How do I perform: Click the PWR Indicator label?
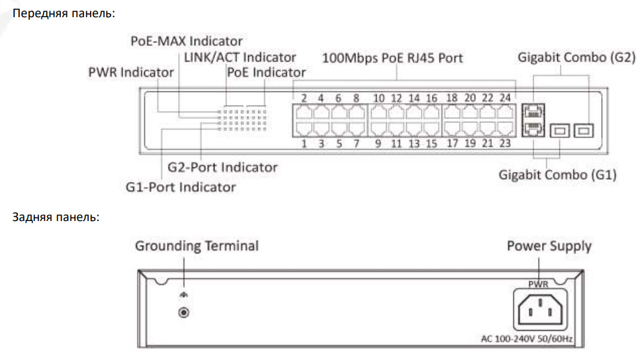tap(130, 72)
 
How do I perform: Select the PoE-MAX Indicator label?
tap(186, 41)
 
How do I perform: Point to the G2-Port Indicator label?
tap(222, 167)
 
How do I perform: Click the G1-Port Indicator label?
tap(181, 187)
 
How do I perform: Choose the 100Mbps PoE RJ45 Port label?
tap(392, 58)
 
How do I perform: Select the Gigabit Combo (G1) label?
tap(557, 175)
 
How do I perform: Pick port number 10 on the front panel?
tap(379, 99)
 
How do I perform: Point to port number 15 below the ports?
tap(432, 142)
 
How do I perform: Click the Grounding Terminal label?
tap(197, 246)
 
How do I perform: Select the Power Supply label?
tap(549, 246)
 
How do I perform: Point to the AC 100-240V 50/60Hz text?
tap(527, 339)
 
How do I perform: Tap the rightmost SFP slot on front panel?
tap(584, 130)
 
